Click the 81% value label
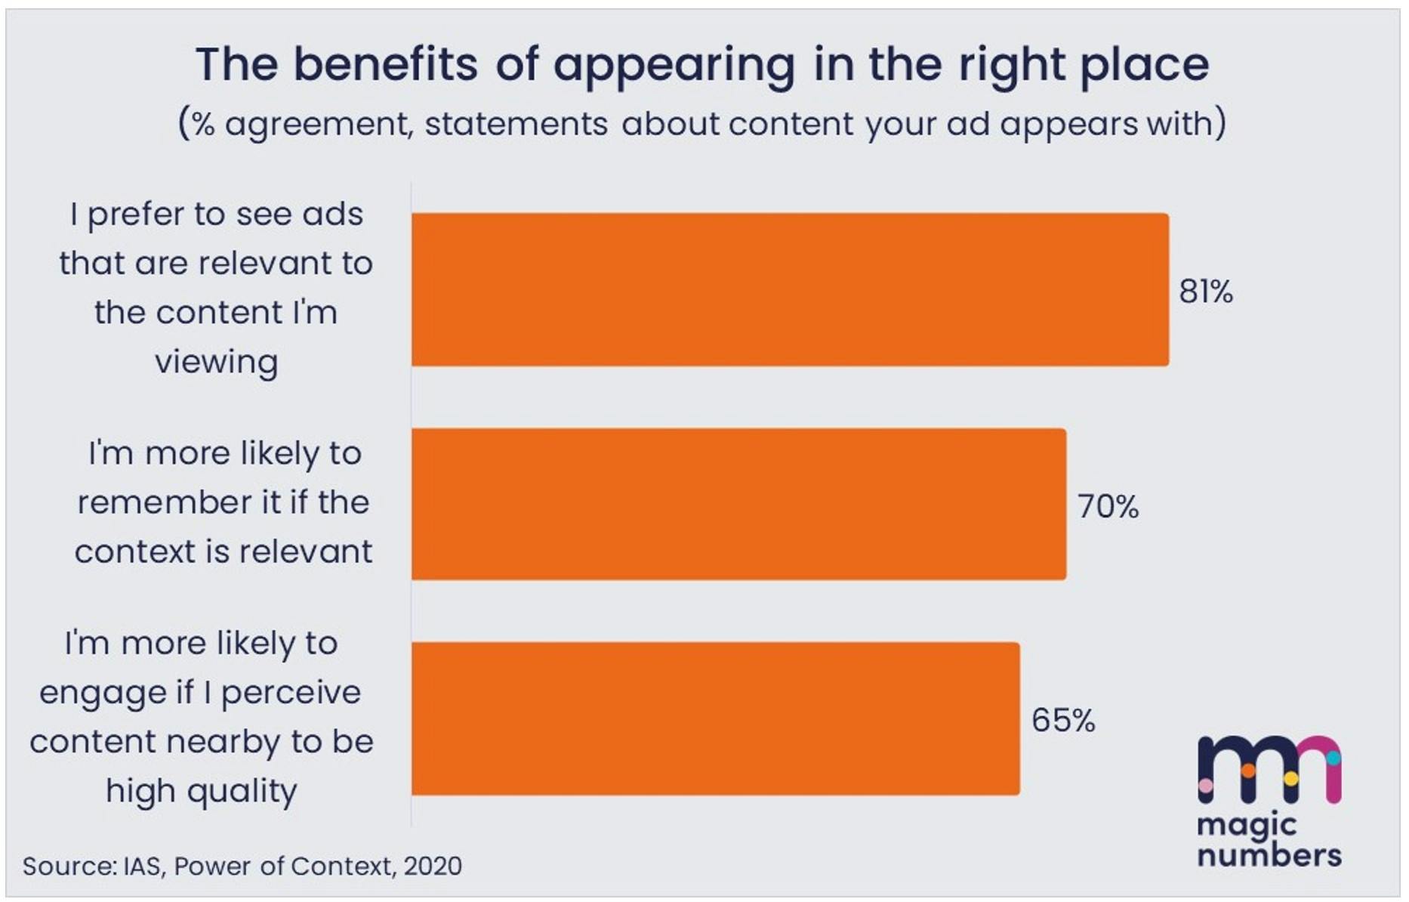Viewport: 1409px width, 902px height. (1205, 292)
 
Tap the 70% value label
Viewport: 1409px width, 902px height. (1107, 506)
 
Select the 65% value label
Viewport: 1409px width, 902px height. (1062, 721)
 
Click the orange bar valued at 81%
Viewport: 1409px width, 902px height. (789, 290)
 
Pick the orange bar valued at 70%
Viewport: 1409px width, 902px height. (738, 505)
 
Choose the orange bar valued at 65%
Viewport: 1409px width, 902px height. (715, 719)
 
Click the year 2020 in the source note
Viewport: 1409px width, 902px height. (433, 866)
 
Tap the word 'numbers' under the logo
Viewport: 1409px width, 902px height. (1269, 855)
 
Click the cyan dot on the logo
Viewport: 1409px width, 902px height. (1333, 757)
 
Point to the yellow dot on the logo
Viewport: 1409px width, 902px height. (1290, 778)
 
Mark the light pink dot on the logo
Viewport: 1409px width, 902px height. (1206, 786)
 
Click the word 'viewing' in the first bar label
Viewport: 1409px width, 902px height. (217, 363)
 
